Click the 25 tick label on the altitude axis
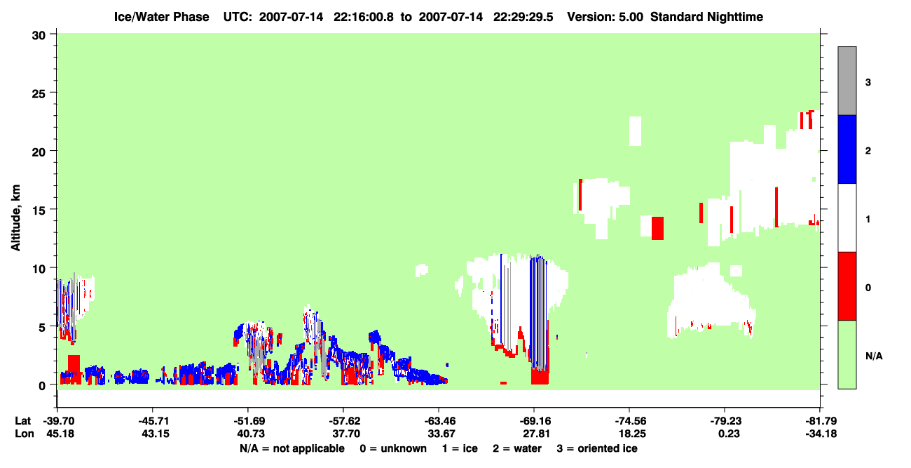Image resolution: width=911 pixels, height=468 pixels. [39, 94]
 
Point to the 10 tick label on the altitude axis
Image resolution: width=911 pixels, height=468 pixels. [39, 269]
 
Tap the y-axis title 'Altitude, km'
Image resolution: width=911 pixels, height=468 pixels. [15, 218]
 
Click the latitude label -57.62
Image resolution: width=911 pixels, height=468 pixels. [344, 421]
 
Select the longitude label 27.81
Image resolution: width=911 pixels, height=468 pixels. [536, 434]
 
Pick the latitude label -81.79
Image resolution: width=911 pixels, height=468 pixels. [821, 421]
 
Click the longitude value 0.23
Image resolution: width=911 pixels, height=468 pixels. [729, 434]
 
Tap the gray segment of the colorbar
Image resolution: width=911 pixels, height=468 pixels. [847, 81]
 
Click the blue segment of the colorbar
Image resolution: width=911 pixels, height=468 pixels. [847, 149]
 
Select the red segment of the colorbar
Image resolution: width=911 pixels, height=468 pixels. [847, 286]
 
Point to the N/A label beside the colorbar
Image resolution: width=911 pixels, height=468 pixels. [874, 356]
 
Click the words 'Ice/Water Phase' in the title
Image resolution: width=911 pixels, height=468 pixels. [161, 17]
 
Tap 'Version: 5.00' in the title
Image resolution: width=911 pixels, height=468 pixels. [605, 17]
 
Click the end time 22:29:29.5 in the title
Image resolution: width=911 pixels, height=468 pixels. [523, 17]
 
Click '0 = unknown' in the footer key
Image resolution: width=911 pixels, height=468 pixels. [393, 448]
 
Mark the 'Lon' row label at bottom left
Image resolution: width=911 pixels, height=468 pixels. [25, 434]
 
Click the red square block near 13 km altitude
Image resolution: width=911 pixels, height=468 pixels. [657, 228]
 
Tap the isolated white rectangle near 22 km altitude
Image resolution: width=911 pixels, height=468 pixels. [636, 131]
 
